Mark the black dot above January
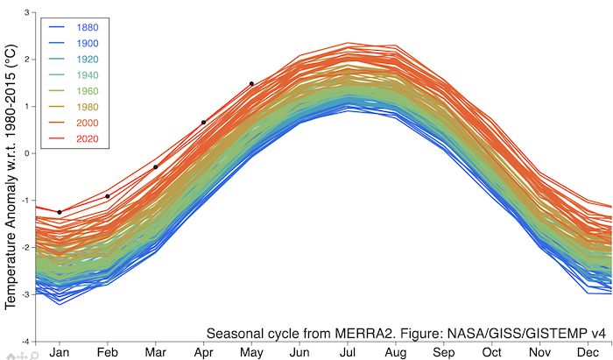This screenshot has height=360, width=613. click(60, 213)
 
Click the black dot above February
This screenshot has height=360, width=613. click(108, 196)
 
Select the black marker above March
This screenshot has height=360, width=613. click(156, 166)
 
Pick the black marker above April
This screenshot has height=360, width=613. click(203, 123)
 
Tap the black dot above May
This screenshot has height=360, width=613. click(251, 84)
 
